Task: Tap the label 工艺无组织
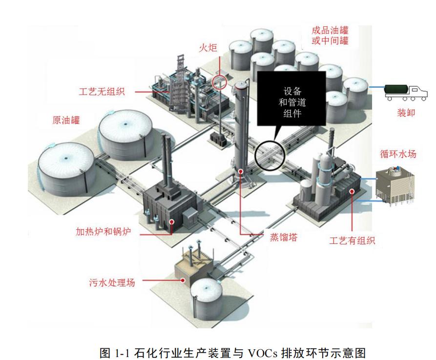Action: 102,91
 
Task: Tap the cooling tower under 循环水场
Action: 396,186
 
